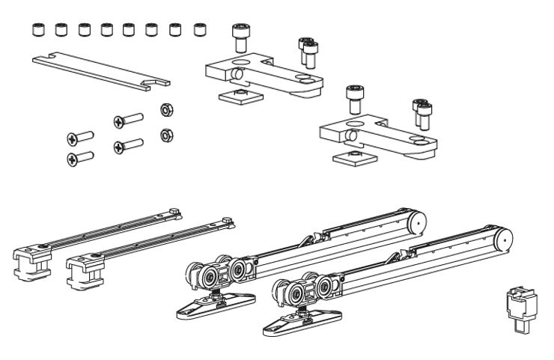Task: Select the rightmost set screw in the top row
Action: [199, 30]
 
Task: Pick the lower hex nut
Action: [165, 135]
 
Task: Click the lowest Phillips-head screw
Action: [79, 157]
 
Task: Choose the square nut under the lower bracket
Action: [349, 155]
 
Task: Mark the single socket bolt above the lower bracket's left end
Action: [354, 97]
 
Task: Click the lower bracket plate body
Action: [374, 135]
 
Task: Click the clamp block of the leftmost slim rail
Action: [30, 261]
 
